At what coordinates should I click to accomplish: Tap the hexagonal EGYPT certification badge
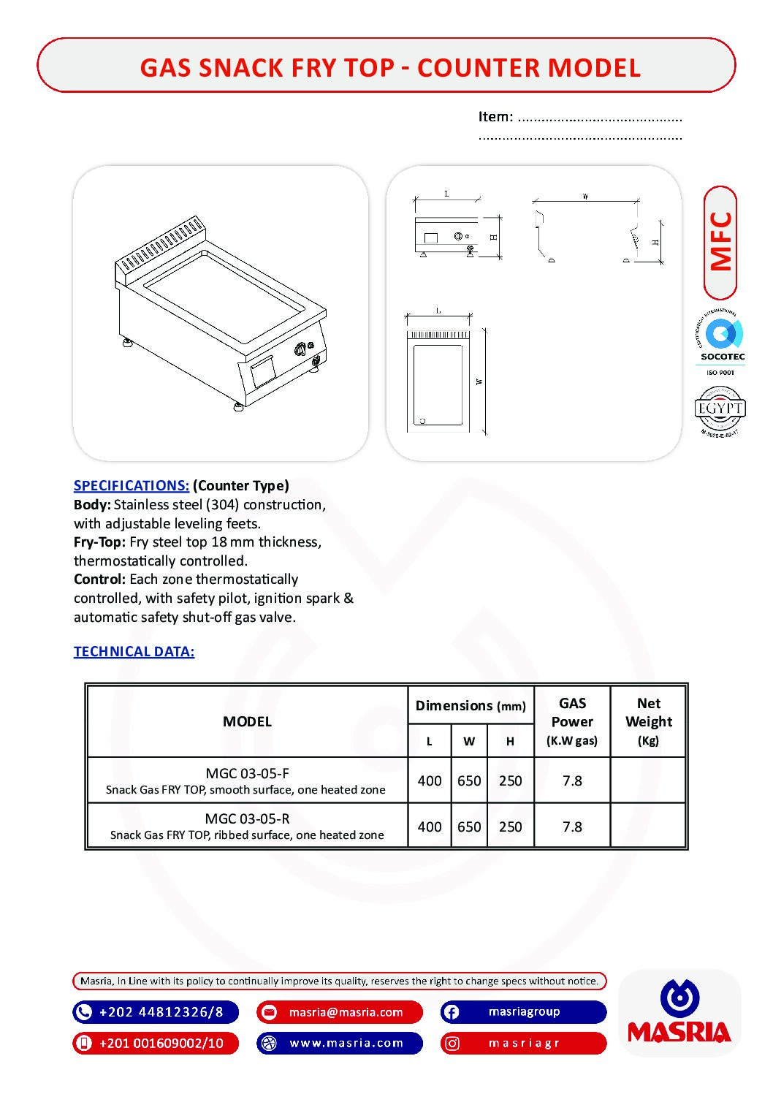pyautogui.click(x=720, y=410)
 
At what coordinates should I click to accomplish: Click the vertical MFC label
pyautogui.click(x=720, y=242)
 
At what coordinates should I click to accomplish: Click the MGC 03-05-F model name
pyautogui.click(x=247, y=773)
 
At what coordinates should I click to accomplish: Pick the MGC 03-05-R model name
pyautogui.click(x=247, y=818)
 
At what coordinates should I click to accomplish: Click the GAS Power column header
pyautogui.click(x=572, y=721)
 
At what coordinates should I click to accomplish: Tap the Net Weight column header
pyautogui.click(x=648, y=721)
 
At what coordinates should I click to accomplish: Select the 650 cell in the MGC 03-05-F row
pyautogui.click(x=469, y=780)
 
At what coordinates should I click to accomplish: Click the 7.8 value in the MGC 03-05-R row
pyautogui.click(x=572, y=827)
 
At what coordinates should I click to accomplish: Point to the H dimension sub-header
pyautogui.click(x=510, y=741)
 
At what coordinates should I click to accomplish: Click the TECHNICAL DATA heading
pyautogui.click(x=134, y=652)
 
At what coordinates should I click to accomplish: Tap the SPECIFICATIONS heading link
pyautogui.click(x=132, y=486)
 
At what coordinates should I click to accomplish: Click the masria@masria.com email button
pyautogui.click(x=340, y=1012)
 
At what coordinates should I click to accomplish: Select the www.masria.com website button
pyautogui.click(x=340, y=1043)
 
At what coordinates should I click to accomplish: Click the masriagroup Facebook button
pyautogui.click(x=523, y=1012)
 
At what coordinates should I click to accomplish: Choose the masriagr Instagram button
pyautogui.click(x=523, y=1043)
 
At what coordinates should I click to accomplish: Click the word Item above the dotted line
pyautogui.click(x=495, y=117)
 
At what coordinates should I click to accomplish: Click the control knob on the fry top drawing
pyautogui.click(x=300, y=350)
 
